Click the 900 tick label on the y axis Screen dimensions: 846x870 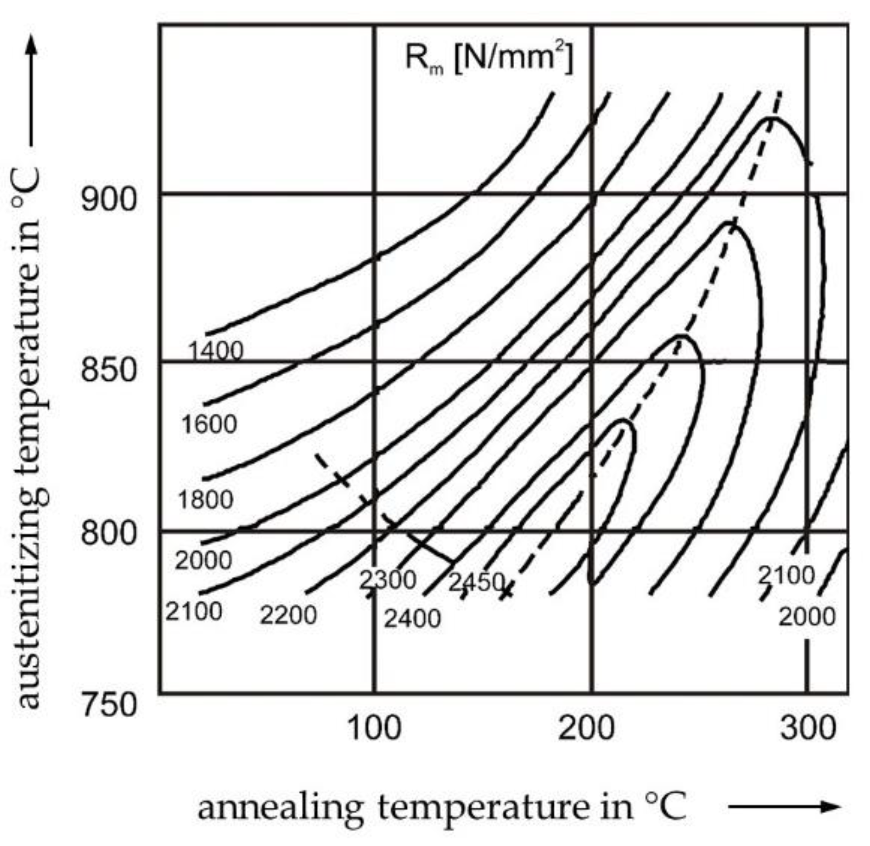tap(108, 199)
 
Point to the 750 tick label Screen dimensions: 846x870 tap(108, 704)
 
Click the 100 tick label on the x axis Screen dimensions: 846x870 tap(374, 729)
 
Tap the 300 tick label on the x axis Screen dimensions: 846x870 tap(808, 729)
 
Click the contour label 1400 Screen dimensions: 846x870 tap(215, 351)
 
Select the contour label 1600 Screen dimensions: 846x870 tap(209, 424)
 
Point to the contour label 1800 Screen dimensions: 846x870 tap(206, 499)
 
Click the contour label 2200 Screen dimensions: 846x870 tap(288, 615)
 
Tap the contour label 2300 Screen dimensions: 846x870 tap(388, 580)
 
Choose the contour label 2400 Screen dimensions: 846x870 tap(412, 619)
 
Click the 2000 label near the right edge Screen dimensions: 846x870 tap(806, 617)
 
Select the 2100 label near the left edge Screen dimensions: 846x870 tap(194, 611)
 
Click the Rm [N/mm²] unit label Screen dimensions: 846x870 tap(488, 57)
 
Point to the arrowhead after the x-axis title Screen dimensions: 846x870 tap(831, 806)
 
